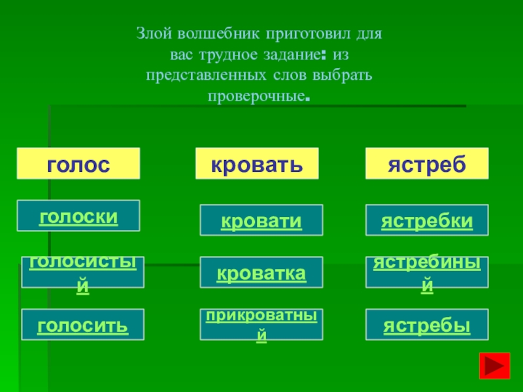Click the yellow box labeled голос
pyautogui.click(x=78, y=163)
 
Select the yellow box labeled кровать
pyautogui.click(x=257, y=163)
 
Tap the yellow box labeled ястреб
pyautogui.click(x=426, y=163)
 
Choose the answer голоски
pyautogui.click(x=78, y=216)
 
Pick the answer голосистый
pyautogui.click(x=82, y=272)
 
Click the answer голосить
pyautogui.click(x=82, y=325)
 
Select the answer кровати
pyautogui.click(x=261, y=220)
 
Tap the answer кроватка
pyautogui.click(x=261, y=272)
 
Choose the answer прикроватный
pyautogui.click(x=261, y=325)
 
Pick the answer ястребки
pyautogui.click(x=427, y=220)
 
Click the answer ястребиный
pyautogui.click(x=427, y=272)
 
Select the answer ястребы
pyautogui.click(x=427, y=325)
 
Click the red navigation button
pyautogui.click(x=494, y=365)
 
